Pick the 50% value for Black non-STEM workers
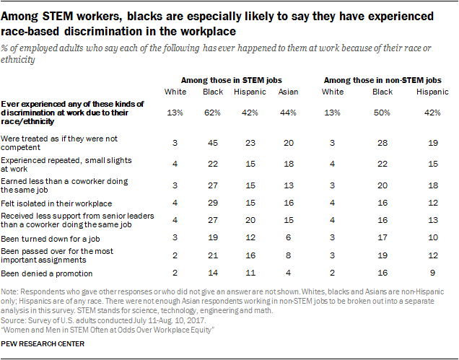[382, 113]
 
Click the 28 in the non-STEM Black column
[382, 142]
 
